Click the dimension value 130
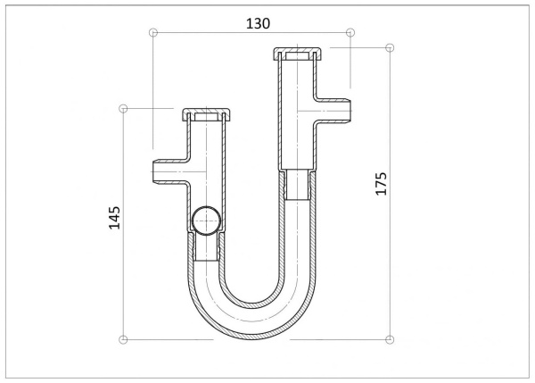[x=258, y=23]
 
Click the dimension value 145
[x=115, y=218]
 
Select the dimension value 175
[x=382, y=184]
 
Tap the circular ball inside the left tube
[x=206, y=221]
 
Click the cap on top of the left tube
[x=206, y=115]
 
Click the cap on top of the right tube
[x=298, y=54]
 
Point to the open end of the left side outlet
[x=152, y=171]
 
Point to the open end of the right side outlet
[x=350, y=111]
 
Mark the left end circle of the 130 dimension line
[x=153, y=32]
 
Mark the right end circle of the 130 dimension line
[x=350, y=32]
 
